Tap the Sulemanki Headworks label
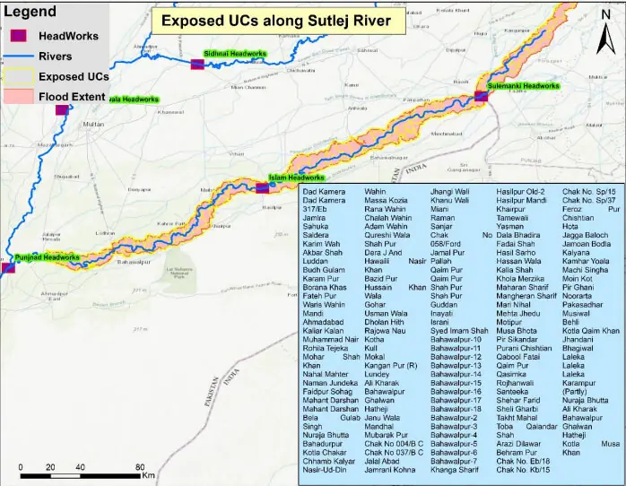(523, 86)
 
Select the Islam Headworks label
(297, 178)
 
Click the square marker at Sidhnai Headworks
(197, 64)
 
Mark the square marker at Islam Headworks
(262, 187)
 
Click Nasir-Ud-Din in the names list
(324, 470)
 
